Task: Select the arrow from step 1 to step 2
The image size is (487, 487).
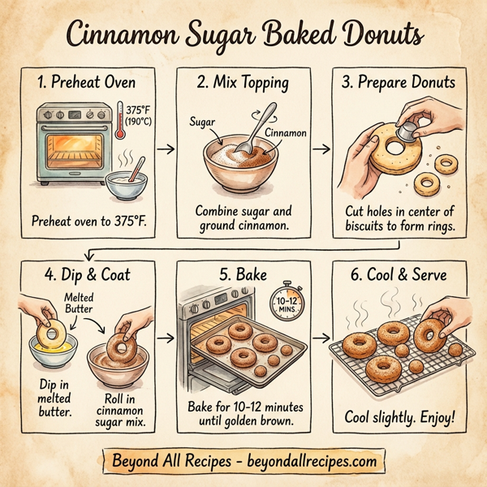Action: click(x=165, y=149)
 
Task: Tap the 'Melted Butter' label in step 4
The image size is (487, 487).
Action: click(x=80, y=303)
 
